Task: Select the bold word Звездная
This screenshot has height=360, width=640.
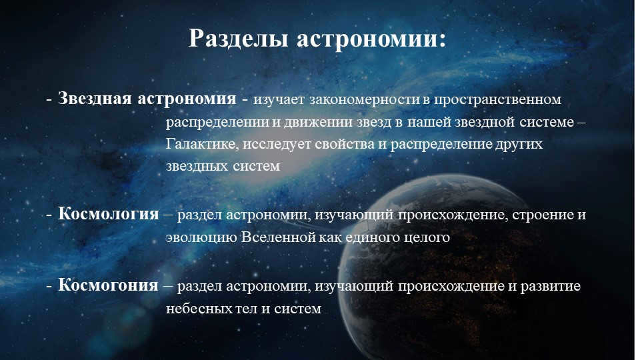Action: [95, 99]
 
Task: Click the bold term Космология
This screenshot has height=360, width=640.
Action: [109, 215]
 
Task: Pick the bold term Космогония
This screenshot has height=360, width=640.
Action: [108, 286]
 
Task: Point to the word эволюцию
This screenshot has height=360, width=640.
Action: [199, 237]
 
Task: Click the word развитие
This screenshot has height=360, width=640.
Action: [552, 287]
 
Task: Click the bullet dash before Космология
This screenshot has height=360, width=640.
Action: [49, 215]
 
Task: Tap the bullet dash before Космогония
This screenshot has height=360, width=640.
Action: [49, 287]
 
